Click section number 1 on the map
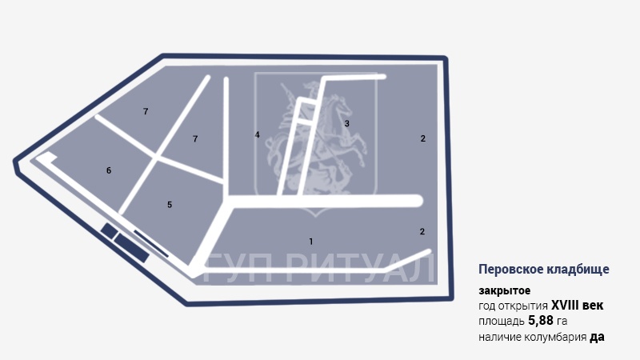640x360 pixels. (x=311, y=241)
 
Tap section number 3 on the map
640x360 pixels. (x=346, y=124)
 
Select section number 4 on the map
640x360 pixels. (x=258, y=134)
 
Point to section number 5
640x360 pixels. (x=170, y=205)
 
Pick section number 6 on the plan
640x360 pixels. (x=109, y=170)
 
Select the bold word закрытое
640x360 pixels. (x=505, y=290)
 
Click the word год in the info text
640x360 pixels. (x=488, y=306)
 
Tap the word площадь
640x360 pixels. (x=502, y=321)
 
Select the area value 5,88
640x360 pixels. (x=542, y=321)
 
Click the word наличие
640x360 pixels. (x=500, y=337)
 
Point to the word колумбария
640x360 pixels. (x=554, y=337)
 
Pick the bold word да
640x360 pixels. (x=597, y=337)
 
